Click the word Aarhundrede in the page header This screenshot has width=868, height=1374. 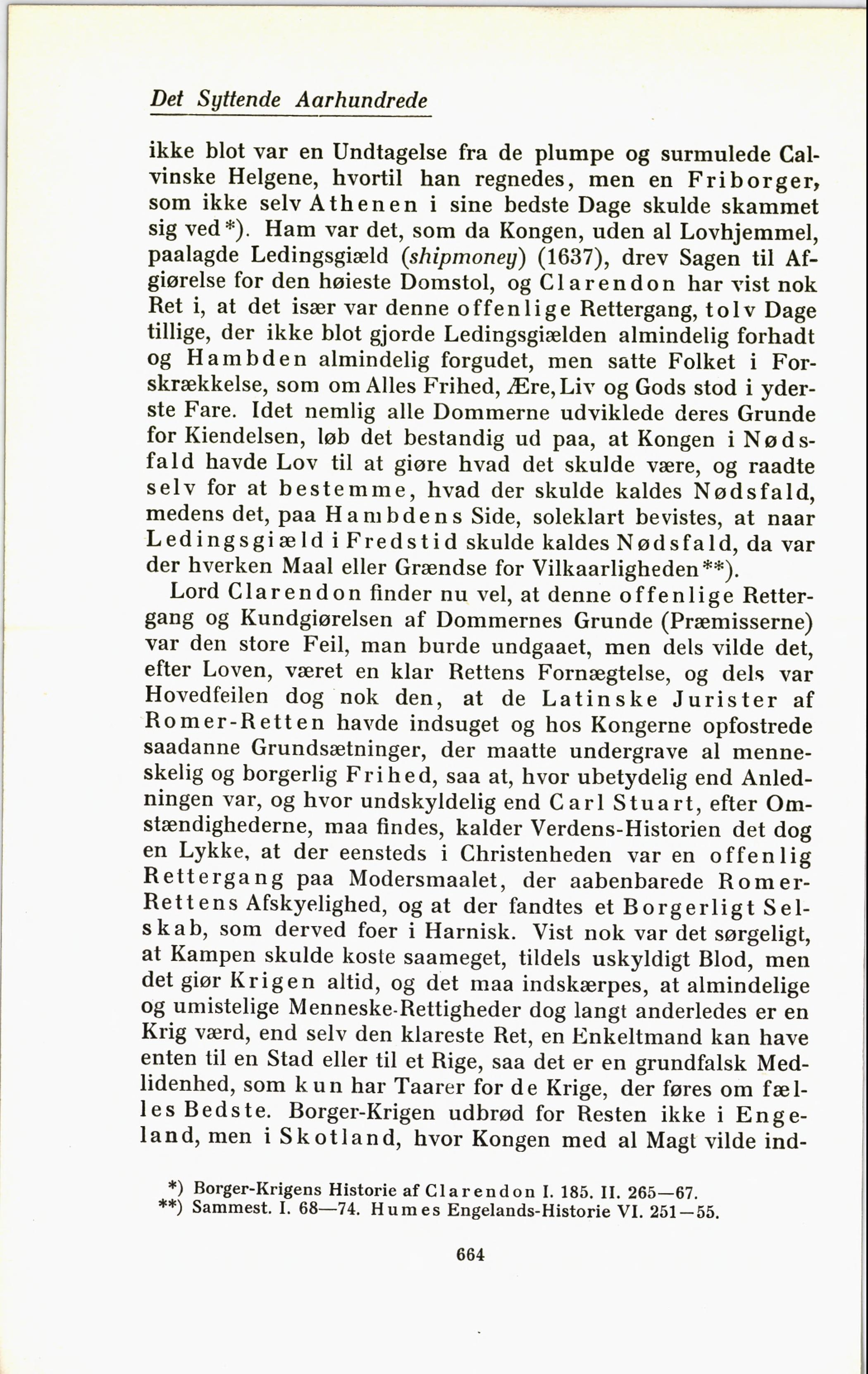click(x=362, y=100)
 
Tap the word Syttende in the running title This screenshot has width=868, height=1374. click(x=239, y=101)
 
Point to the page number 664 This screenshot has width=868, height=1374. click(x=470, y=1254)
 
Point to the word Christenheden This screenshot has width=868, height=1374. click(x=535, y=854)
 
